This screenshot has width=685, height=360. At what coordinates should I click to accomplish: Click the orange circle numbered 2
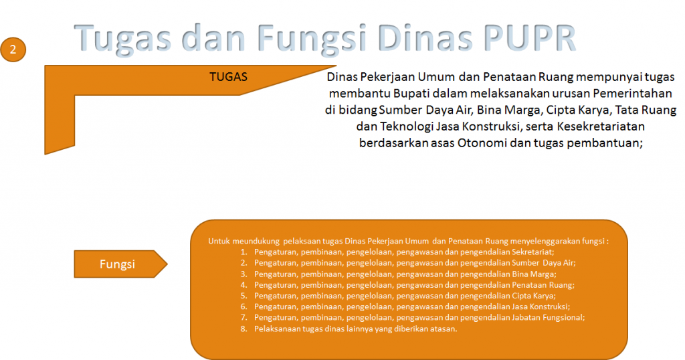[x=13, y=50]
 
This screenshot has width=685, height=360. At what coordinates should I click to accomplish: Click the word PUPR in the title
[x=530, y=38]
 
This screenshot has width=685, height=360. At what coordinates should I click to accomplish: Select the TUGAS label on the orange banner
[x=229, y=77]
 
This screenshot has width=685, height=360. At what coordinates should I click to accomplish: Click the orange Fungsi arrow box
[x=120, y=264]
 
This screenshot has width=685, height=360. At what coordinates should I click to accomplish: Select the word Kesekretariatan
[x=601, y=126]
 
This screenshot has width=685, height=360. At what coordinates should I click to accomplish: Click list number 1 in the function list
[x=243, y=252]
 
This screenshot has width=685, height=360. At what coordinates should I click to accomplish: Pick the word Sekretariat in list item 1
[x=532, y=252]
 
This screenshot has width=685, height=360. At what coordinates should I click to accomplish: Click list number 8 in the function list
[x=243, y=329]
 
